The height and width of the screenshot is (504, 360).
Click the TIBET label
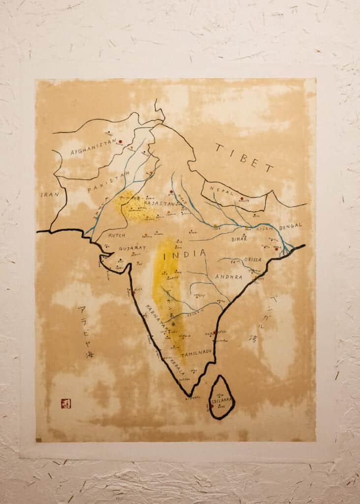244,157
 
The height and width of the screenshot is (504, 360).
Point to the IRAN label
50,194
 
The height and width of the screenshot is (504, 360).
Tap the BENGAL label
290,227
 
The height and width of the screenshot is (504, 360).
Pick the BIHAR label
240,239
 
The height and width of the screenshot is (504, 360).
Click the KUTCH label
117,235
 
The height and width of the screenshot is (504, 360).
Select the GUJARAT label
132,249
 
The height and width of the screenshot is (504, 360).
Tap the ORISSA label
252,259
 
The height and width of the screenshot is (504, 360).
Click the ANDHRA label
229,277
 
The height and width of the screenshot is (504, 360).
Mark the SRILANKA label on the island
222,402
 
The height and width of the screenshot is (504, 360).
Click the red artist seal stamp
66,404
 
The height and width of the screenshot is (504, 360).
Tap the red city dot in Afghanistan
120,142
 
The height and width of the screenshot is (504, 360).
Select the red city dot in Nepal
241,199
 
